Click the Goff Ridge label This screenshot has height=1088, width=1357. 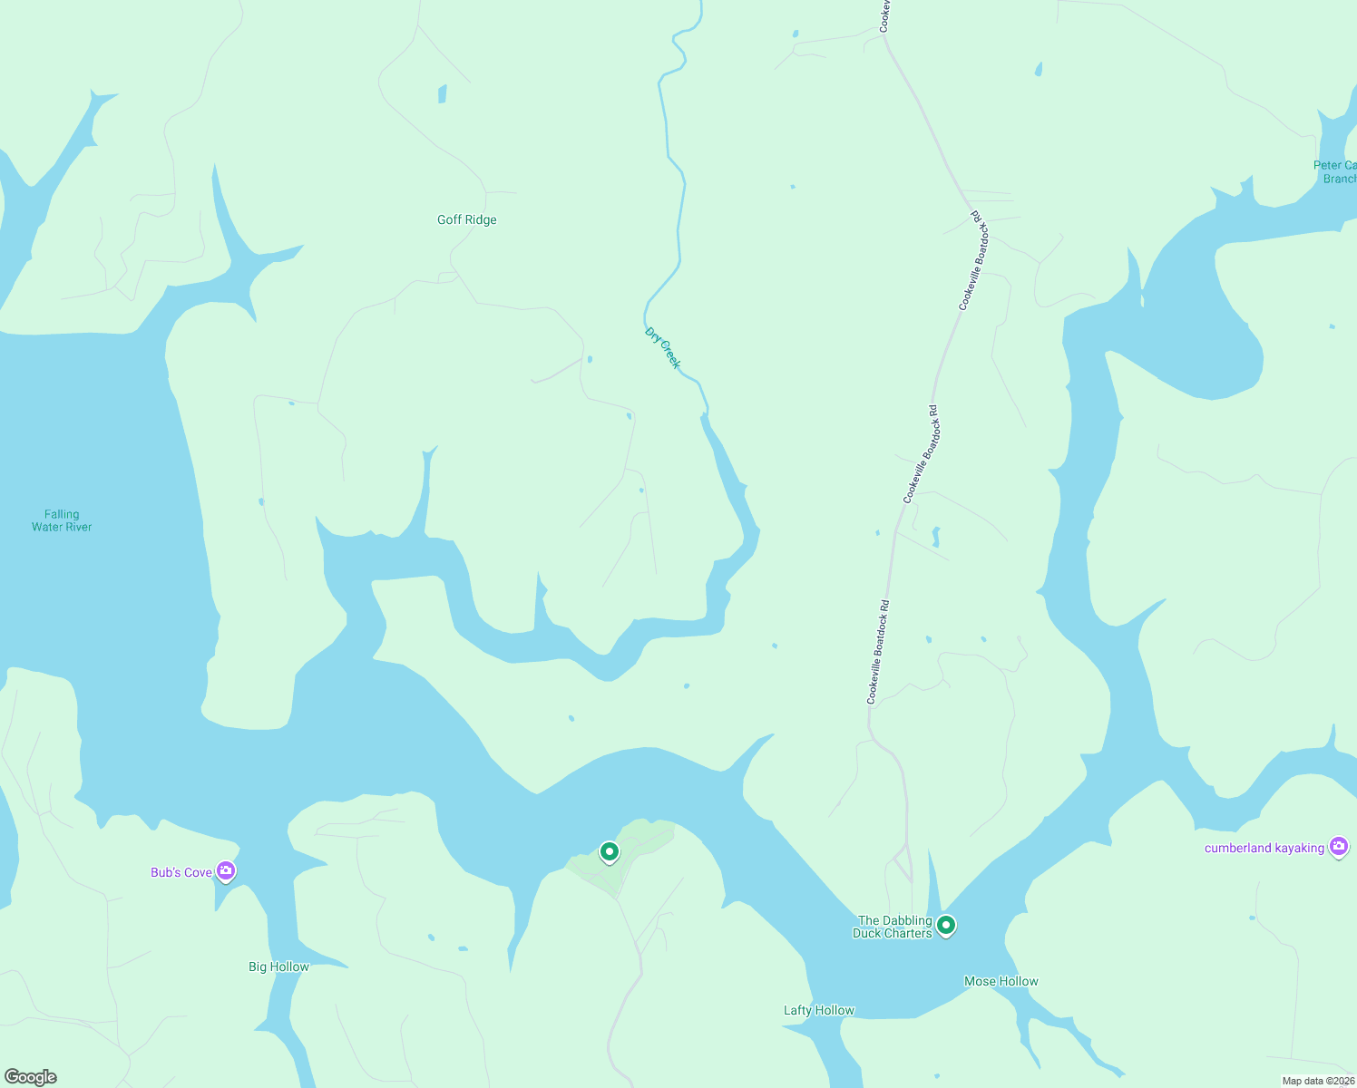[466, 219]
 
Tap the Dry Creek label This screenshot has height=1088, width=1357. [662, 347]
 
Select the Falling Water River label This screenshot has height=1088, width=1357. [62, 520]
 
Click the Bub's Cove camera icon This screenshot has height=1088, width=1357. [226, 871]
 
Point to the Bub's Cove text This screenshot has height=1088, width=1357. [181, 872]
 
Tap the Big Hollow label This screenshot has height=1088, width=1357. [278, 967]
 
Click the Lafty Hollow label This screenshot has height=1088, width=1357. [818, 1010]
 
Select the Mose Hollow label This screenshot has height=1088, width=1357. [1001, 981]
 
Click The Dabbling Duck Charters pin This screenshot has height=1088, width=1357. [946, 926]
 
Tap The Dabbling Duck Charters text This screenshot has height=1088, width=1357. [893, 927]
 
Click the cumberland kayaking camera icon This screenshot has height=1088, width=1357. [1338, 847]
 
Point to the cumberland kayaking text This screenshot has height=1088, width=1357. [1264, 848]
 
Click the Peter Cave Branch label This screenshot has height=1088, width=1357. [1336, 171]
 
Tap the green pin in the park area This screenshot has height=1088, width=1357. [610, 851]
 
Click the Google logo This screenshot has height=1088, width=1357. [31, 1077]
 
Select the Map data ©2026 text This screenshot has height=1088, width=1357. [1317, 1081]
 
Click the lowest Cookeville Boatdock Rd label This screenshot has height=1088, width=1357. [877, 652]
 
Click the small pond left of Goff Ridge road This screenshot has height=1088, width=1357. [443, 93]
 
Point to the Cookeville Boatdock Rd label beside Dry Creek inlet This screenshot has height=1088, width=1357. [920, 454]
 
